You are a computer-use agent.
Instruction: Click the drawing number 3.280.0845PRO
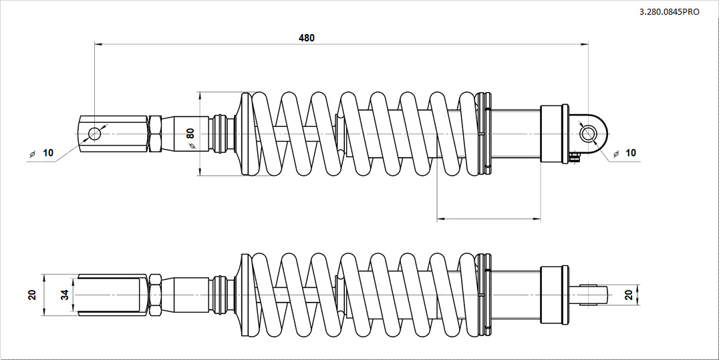tap(669, 13)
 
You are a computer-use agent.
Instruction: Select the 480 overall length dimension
tap(307, 38)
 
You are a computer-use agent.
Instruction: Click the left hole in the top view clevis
tap(94, 134)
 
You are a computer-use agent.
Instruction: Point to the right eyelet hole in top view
tap(588, 134)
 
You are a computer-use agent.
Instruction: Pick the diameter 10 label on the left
tap(47, 153)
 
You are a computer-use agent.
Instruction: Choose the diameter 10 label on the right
tap(629, 153)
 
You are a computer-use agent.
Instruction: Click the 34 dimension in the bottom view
tap(65, 295)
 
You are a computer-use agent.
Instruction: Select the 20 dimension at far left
tap(31, 295)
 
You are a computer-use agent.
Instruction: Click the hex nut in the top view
tap(154, 134)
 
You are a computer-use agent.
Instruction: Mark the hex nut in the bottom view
tap(154, 295)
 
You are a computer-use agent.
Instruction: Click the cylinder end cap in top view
tap(554, 134)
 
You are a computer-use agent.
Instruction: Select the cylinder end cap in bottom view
tap(554, 295)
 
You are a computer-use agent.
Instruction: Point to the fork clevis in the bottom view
tap(110, 295)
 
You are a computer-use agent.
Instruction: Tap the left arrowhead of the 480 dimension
tap(98, 45)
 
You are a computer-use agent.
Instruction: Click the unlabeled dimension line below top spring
tap(488, 218)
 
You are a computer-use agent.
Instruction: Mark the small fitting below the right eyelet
tap(574, 157)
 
